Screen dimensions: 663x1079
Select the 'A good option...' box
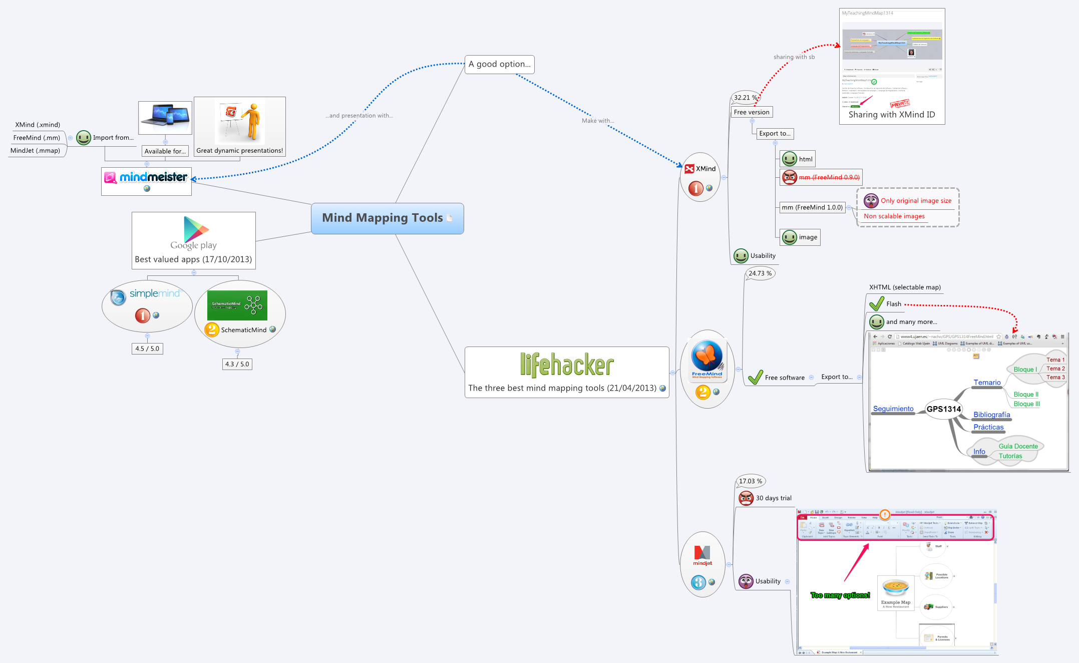pyautogui.click(x=499, y=64)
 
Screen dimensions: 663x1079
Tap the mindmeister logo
pyautogui.click(x=146, y=177)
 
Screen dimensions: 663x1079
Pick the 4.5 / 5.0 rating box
pyautogui.click(x=147, y=349)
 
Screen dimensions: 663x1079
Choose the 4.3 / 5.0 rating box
pyautogui.click(x=237, y=364)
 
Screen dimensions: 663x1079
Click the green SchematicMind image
pyautogui.click(x=237, y=305)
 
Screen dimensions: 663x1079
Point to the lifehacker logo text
pyautogui.click(x=566, y=365)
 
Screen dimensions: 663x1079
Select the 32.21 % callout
pyautogui.click(x=745, y=98)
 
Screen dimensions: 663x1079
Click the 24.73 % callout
pyautogui.click(x=760, y=273)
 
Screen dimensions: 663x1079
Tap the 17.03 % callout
pyautogui.click(x=750, y=481)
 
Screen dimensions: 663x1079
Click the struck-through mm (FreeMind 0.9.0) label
pyautogui.click(x=829, y=177)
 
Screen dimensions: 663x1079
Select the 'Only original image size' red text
pyautogui.click(x=916, y=201)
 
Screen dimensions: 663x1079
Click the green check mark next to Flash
pyautogui.click(x=877, y=303)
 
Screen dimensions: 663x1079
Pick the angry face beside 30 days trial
pyautogui.click(x=746, y=498)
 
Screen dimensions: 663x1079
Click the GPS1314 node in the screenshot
pyautogui.click(x=943, y=409)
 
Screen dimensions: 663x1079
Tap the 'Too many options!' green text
pyautogui.click(x=840, y=595)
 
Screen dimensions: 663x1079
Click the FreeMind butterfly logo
pyautogui.click(x=707, y=357)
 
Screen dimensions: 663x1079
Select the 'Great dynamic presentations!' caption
pyautogui.click(x=239, y=151)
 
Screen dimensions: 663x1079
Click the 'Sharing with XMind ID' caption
pyautogui.click(x=891, y=115)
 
